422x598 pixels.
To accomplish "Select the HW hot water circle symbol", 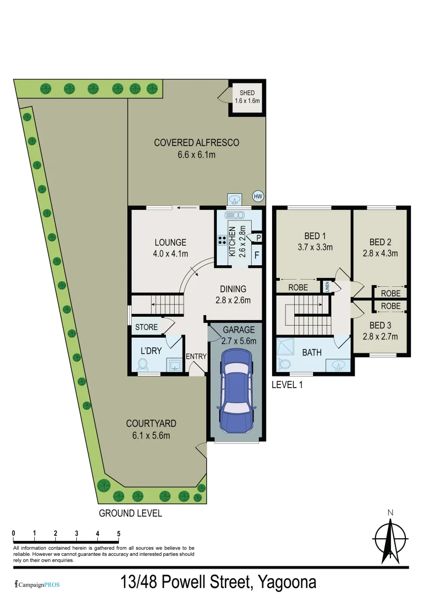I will (x=257, y=196).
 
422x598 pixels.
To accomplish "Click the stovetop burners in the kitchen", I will (x=222, y=241).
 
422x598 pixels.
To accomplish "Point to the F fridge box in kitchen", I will (x=257, y=256).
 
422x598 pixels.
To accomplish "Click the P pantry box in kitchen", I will (x=258, y=238).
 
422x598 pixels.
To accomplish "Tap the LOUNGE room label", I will (x=170, y=243).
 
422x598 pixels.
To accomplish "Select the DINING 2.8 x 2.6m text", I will (x=232, y=295).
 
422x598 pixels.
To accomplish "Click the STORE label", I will (x=147, y=327).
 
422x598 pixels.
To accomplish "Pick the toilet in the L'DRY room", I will (x=142, y=365).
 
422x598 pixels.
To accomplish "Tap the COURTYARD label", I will (x=151, y=424).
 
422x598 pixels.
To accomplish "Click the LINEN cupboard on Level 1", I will (x=327, y=287).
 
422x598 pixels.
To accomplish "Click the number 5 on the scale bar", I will (x=118, y=533).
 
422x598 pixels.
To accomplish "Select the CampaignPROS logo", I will (x=37, y=584).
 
